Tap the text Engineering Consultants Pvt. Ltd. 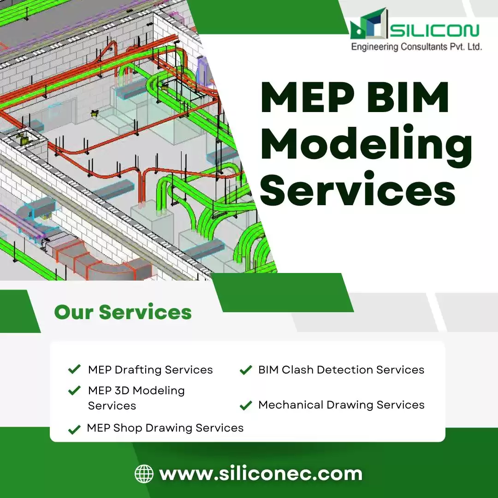click(416, 47)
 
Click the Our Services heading click(123, 312)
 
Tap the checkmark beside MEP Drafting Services click(74, 369)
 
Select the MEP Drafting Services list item click(150, 370)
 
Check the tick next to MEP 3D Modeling click(74, 391)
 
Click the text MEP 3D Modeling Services click(136, 398)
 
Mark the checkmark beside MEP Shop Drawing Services click(74, 430)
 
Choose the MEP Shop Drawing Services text click(165, 428)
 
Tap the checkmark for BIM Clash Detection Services click(246, 370)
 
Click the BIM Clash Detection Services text click(341, 370)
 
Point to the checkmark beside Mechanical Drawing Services click(246, 405)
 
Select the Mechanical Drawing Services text click(341, 405)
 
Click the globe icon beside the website click(144, 474)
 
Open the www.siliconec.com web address click(261, 474)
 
